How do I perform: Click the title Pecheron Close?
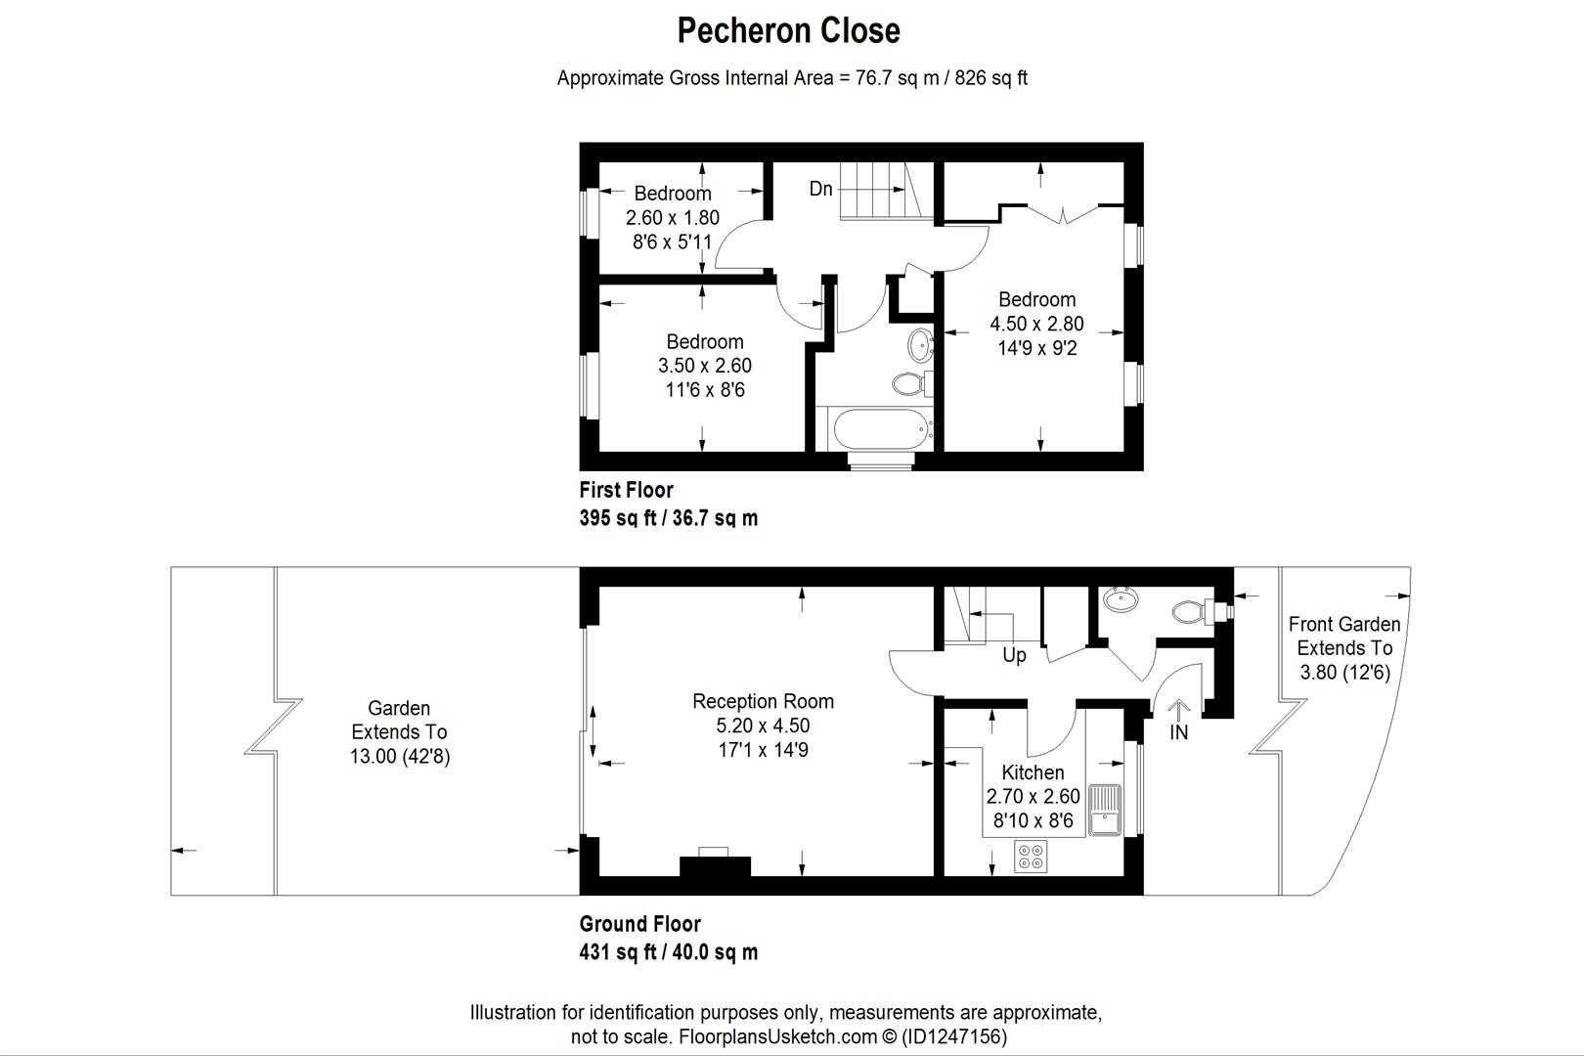click(788, 30)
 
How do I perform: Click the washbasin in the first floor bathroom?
click(920, 345)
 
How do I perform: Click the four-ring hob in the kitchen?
click(1031, 857)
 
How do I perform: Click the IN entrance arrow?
click(1178, 720)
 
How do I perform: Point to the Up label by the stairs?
click(1014, 655)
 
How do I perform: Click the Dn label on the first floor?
click(820, 189)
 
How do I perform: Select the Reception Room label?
click(763, 701)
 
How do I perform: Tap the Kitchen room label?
click(1033, 772)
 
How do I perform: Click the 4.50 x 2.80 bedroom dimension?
click(1036, 324)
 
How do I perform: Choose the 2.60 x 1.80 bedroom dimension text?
click(672, 217)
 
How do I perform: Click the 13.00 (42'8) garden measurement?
click(399, 756)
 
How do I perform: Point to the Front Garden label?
click(1343, 624)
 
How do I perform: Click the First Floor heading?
click(626, 490)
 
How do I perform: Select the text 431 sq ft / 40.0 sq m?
click(668, 951)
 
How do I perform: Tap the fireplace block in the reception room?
click(715, 866)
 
